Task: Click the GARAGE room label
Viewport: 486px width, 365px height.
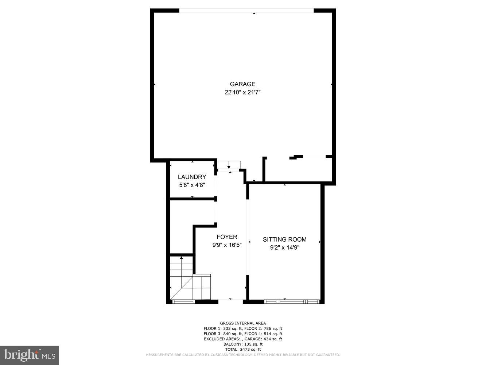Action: coord(242,84)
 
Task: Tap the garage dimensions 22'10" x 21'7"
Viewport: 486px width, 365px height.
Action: coord(242,93)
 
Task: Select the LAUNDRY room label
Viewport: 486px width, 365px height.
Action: coord(192,177)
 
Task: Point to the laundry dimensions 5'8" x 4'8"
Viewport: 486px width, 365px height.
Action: coord(192,185)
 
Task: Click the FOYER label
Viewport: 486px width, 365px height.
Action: coord(227,237)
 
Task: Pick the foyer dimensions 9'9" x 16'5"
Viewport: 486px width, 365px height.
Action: coord(227,245)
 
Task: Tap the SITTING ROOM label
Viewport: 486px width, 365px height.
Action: coord(284,239)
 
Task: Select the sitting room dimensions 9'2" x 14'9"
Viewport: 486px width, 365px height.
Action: coord(284,248)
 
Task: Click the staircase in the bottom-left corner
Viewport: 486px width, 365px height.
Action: coord(190,281)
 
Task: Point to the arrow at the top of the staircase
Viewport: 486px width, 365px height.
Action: coord(182,258)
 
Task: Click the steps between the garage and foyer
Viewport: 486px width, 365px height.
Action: coord(229,165)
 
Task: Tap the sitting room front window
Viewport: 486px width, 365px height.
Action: coord(291,301)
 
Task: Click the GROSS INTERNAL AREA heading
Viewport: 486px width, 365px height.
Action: coord(243,323)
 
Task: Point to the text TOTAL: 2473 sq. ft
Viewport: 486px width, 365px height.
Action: coord(243,349)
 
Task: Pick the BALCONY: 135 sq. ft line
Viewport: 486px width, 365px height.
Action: coord(243,344)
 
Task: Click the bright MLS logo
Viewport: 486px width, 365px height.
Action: coord(30,355)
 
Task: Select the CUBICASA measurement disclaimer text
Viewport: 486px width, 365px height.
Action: coord(243,355)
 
